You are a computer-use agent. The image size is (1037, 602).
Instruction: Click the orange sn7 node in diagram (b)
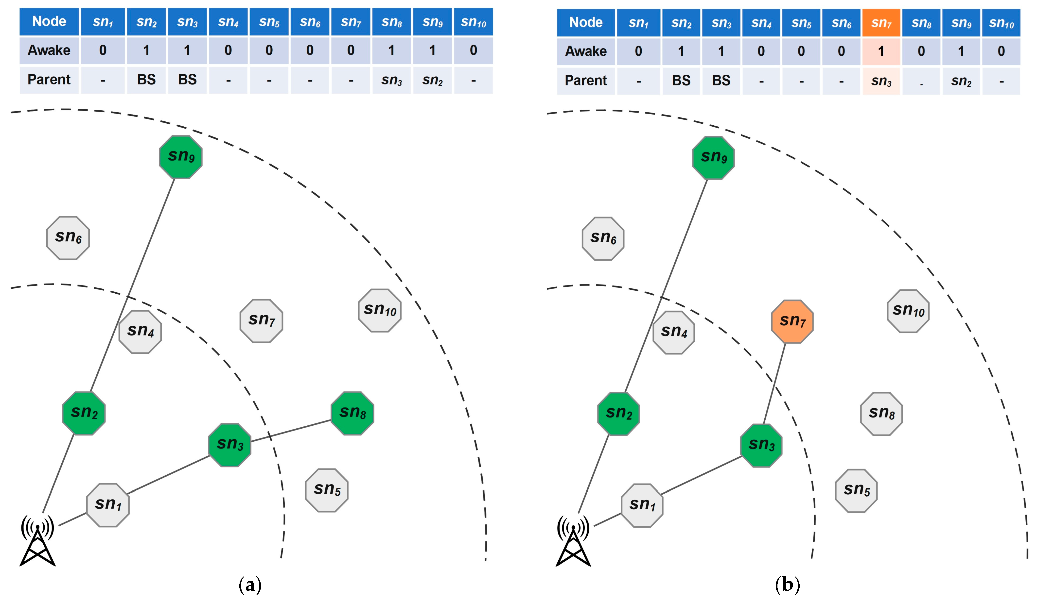[x=792, y=321]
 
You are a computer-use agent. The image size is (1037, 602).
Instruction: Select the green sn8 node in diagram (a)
[x=352, y=413]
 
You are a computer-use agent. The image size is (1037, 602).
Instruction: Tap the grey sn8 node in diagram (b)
[x=881, y=414]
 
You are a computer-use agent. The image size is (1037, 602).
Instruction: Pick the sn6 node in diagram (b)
[x=603, y=238]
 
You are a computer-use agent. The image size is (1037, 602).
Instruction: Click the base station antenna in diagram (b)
[x=573, y=541]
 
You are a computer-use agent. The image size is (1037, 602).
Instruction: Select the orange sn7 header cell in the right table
[x=881, y=23]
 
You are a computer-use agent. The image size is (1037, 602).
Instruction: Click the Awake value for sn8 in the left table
[x=391, y=50]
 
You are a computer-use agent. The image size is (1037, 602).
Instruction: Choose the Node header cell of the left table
[x=49, y=21]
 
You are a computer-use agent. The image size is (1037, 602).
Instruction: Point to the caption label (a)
[x=250, y=584]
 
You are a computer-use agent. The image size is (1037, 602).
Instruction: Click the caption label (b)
[x=787, y=584]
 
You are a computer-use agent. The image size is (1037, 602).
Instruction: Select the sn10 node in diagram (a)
[x=379, y=310]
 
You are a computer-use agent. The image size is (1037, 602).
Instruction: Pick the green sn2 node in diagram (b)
[x=618, y=414]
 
